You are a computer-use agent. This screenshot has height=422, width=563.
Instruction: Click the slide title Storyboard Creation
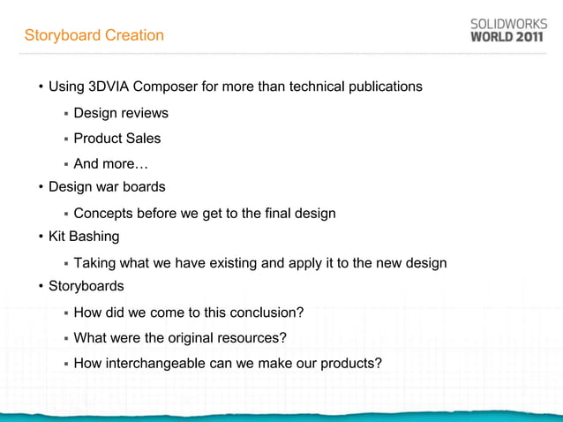coord(94,35)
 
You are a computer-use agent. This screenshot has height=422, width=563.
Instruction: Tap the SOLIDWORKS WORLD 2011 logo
coord(506,31)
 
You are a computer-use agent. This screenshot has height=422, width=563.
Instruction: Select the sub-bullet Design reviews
coord(121,113)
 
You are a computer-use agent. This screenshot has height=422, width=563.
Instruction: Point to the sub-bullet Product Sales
coord(117,139)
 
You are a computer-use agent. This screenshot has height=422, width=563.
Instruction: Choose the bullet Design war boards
coord(107,187)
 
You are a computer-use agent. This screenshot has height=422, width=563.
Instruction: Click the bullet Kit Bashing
coord(84,237)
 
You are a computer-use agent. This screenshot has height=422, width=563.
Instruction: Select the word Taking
coord(94,263)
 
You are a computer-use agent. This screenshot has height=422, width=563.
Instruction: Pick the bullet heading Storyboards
coord(86,286)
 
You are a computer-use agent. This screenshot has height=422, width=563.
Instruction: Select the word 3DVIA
coord(103,87)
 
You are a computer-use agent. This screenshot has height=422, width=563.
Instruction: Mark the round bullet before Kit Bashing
coord(41,237)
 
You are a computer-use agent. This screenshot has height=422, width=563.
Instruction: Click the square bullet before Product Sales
coord(65,139)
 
